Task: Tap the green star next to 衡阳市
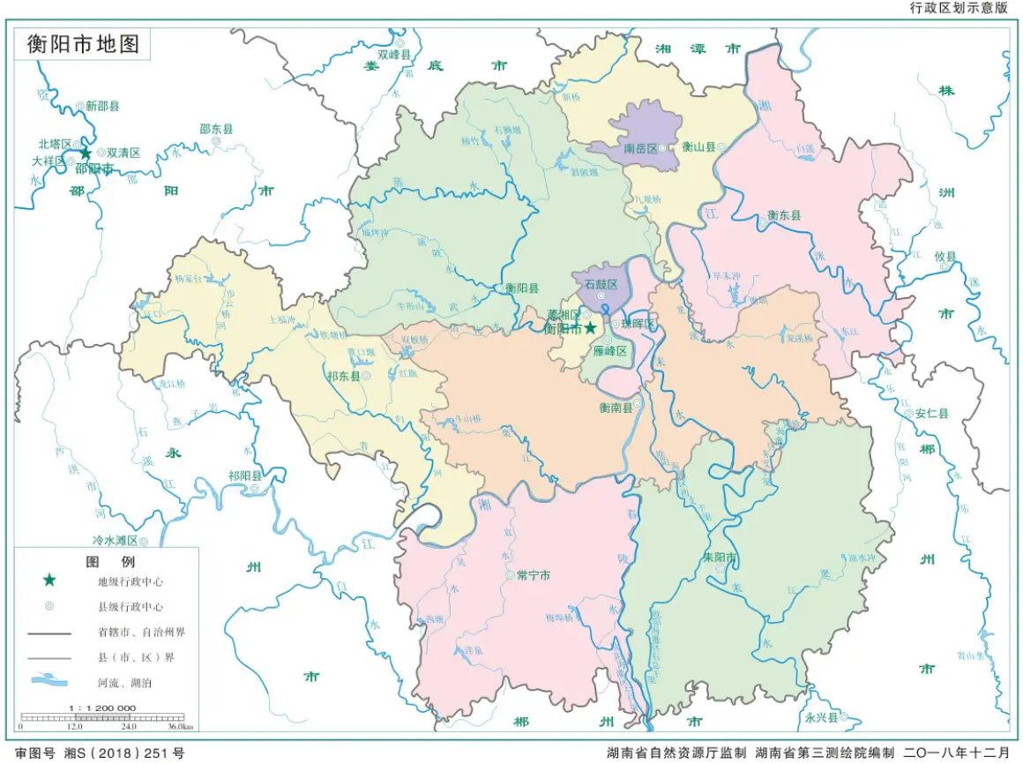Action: click(x=590, y=328)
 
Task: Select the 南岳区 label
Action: click(x=640, y=148)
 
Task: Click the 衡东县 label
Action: click(x=783, y=214)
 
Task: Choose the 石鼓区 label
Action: click(x=601, y=284)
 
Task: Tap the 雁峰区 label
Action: click(x=609, y=351)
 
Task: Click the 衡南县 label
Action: click(x=616, y=408)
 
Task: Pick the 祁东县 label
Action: click(x=344, y=376)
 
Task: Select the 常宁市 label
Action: click(x=534, y=574)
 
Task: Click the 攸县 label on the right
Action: click(x=945, y=256)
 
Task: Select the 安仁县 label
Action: click(x=931, y=412)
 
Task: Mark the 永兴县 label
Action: click(x=821, y=717)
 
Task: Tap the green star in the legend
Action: click(x=49, y=580)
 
